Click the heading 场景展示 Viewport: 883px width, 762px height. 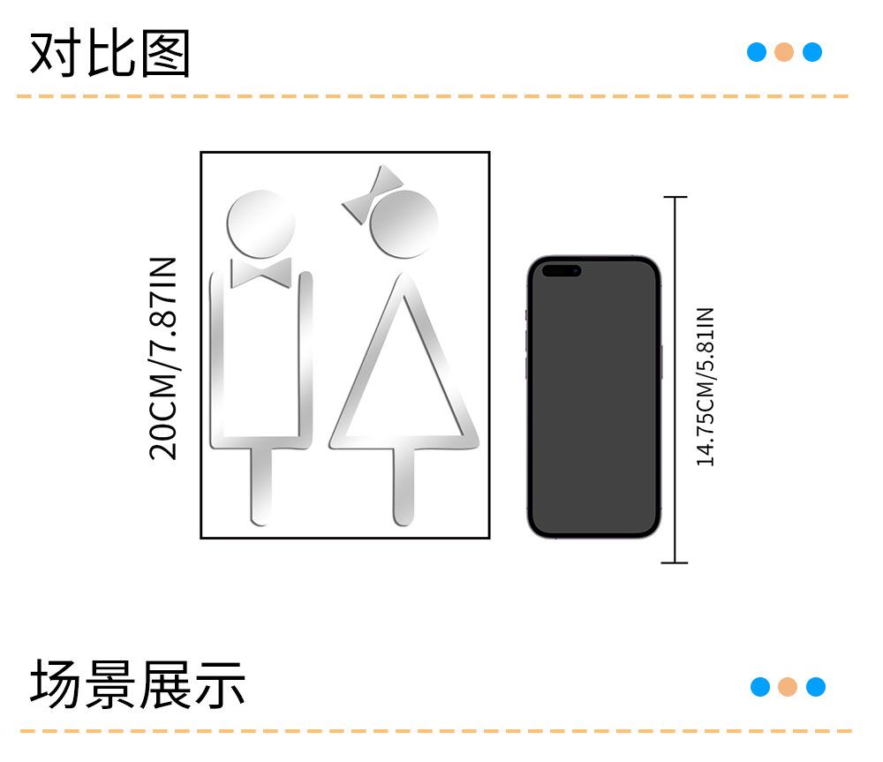click(138, 684)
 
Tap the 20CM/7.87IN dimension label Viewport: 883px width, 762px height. click(164, 358)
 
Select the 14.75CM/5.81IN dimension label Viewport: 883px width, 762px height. click(705, 386)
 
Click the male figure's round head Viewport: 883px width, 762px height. click(260, 222)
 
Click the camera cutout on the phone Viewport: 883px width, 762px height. click(561, 270)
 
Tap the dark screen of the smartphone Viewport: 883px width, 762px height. click(593, 406)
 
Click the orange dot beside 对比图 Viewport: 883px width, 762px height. click(784, 52)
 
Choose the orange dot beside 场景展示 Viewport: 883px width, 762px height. click(788, 686)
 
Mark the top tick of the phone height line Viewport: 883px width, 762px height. click(675, 198)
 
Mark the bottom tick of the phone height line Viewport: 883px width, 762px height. click(675, 562)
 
